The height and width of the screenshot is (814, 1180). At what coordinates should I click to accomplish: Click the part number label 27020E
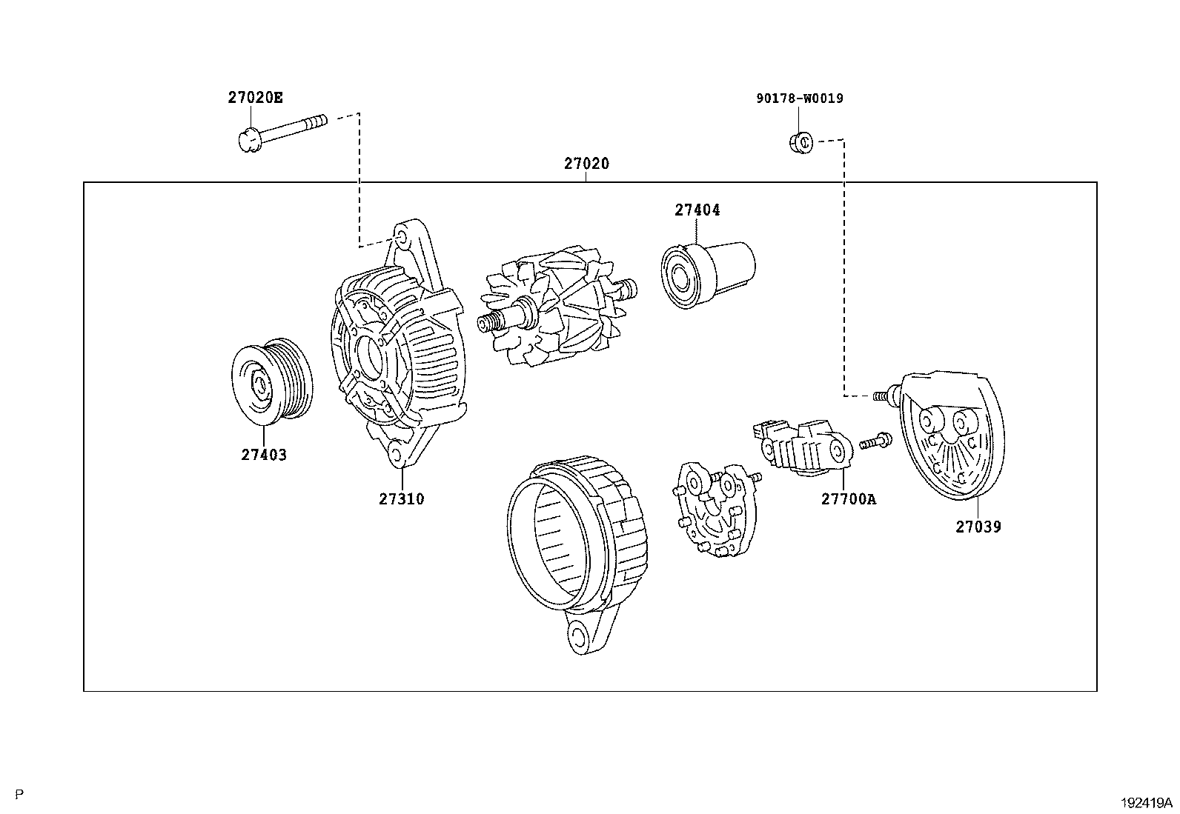click(x=254, y=97)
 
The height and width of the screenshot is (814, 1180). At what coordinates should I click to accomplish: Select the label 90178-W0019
click(x=799, y=98)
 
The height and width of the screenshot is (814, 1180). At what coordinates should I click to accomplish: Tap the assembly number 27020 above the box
click(x=586, y=164)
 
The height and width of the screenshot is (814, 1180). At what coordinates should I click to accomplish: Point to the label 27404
click(x=697, y=210)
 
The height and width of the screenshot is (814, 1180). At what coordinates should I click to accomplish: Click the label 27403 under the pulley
click(x=263, y=455)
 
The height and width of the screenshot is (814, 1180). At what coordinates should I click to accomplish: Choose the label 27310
click(x=401, y=498)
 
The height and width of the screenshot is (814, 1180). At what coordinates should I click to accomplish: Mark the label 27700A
click(x=848, y=498)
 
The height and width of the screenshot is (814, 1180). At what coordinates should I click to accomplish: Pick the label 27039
click(x=978, y=527)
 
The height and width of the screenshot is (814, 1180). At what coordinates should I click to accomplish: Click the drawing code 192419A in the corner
click(x=1146, y=802)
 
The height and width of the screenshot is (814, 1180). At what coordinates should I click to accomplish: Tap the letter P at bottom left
click(x=19, y=795)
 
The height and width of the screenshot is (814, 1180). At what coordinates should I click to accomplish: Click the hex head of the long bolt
click(x=249, y=139)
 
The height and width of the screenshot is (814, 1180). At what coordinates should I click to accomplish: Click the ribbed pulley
click(x=271, y=383)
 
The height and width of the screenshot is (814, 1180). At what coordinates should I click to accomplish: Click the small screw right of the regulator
click(x=875, y=442)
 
